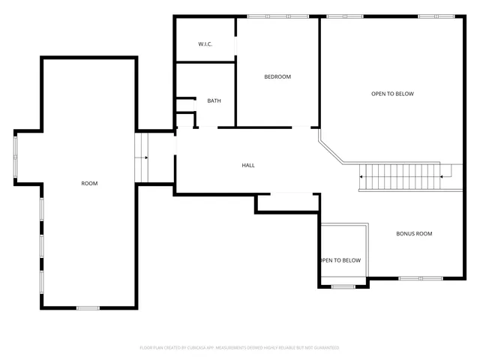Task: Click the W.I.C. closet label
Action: (205, 44)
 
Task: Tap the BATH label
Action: (214, 100)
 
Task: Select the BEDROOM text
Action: (277, 76)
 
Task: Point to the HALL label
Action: (248, 165)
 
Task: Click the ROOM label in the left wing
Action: (90, 183)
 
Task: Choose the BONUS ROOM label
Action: (414, 234)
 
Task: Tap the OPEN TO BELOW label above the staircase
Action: (392, 94)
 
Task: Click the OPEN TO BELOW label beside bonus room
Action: (340, 260)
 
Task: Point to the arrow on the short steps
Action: (144, 157)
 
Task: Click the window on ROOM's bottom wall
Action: (88, 307)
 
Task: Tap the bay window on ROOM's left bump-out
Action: (15, 156)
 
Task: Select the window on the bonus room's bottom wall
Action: (409, 278)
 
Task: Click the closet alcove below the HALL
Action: (287, 202)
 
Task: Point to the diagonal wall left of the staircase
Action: (331, 148)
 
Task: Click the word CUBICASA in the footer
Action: (193, 348)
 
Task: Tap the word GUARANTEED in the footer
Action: (325, 348)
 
